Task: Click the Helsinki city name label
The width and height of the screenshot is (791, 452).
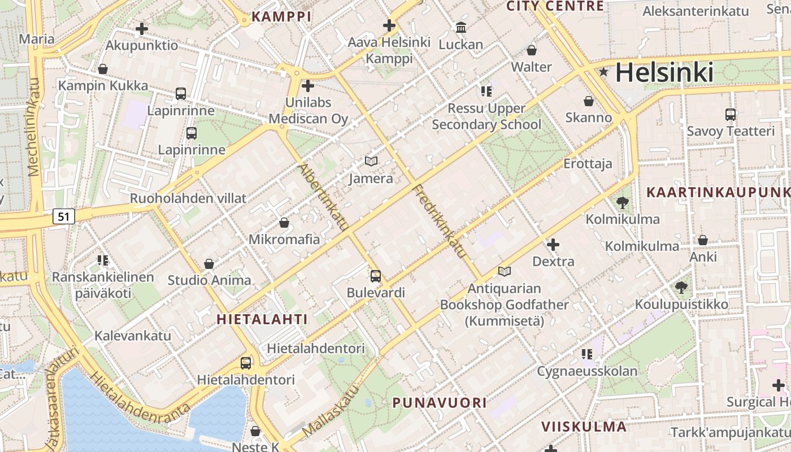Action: point(664,72)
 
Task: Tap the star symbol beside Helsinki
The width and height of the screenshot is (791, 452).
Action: point(604,72)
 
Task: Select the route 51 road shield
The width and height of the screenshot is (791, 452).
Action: point(64,216)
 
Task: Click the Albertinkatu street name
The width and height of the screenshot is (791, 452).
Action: point(323,197)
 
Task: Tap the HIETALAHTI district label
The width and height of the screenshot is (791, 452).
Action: point(263,319)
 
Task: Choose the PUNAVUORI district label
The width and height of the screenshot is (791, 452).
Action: point(440,403)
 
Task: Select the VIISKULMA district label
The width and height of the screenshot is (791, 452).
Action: point(584,427)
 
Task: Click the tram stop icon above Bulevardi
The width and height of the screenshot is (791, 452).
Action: point(376,276)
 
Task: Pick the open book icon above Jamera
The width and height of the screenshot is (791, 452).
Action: point(371,162)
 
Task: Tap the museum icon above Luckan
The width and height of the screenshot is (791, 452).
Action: point(461,27)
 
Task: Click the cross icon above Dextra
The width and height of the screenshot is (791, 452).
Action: point(553,245)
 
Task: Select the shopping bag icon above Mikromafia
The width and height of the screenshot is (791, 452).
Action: point(284,223)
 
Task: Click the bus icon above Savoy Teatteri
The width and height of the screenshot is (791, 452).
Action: point(731,114)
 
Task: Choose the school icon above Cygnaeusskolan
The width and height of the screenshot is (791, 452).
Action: point(587,354)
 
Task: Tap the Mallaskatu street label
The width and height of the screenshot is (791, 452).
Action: point(331,411)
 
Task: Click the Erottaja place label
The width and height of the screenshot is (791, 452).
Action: point(588,164)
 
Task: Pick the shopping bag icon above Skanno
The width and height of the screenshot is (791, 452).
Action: point(589,101)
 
